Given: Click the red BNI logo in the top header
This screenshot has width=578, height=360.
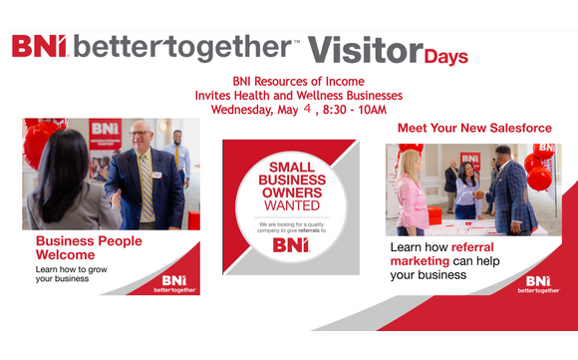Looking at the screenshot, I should tap(38, 47).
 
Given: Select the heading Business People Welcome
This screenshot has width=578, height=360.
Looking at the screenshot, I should tap(89, 248).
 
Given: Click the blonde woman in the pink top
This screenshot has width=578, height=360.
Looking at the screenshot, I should tap(411, 194).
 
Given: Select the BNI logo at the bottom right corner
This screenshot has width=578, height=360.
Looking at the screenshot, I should tap(538, 284).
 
